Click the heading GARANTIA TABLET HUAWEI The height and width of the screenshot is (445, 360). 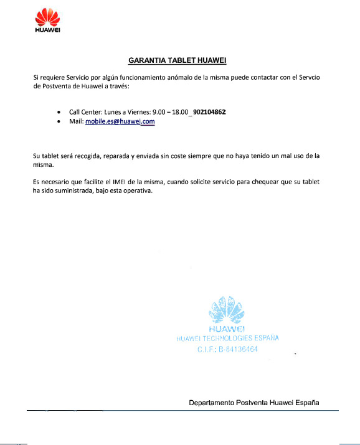[x=176, y=60]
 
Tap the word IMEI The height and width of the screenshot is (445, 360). [x=118, y=182]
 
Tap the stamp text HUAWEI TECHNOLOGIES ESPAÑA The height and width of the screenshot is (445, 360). [x=227, y=338]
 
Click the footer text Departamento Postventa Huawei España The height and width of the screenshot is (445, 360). [x=254, y=403]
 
